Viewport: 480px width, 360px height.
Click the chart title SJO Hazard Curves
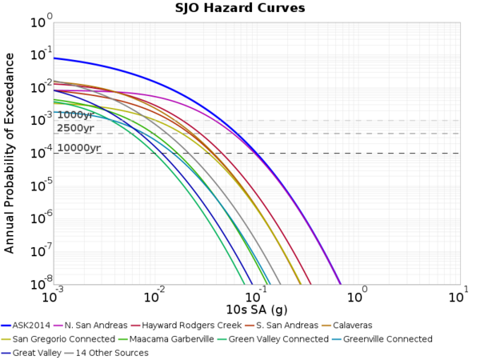tap(240, 9)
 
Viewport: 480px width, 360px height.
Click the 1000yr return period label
tap(75, 115)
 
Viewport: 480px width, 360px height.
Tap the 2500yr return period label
tap(75, 128)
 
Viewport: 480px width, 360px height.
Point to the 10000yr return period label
tap(78, 148)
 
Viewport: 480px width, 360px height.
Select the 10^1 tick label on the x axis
tap(458, 295)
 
